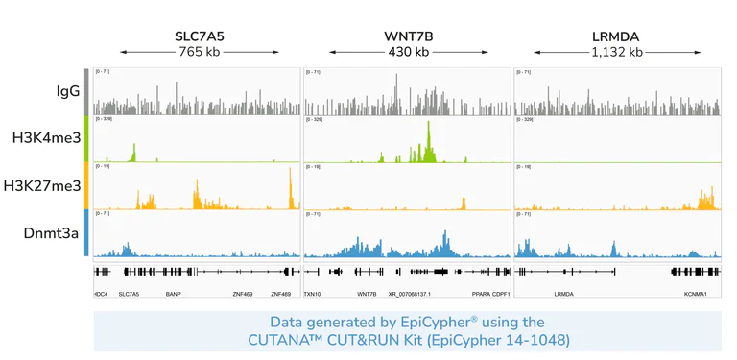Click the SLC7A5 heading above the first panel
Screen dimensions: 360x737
click(200, 36)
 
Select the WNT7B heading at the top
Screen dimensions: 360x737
click(408, 36)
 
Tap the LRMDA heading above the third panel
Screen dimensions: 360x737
click(617, 36)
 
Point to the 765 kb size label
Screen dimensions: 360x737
click(200, 52)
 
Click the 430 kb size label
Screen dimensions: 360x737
click(408, 52)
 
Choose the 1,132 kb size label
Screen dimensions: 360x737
click(617, 52)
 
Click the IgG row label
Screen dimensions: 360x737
click(67, 91)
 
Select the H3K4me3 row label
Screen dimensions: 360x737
click(46, 138)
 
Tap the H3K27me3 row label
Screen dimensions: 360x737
click(42, 185)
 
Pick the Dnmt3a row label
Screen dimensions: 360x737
click(51, 232)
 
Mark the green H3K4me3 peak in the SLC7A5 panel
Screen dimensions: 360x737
click(134, 152)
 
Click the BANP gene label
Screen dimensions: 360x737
click(173, 294)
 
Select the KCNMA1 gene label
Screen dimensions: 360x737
click(695, 294)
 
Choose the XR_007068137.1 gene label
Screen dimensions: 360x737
click(409, 294)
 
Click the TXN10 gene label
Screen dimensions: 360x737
click(313, 294)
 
